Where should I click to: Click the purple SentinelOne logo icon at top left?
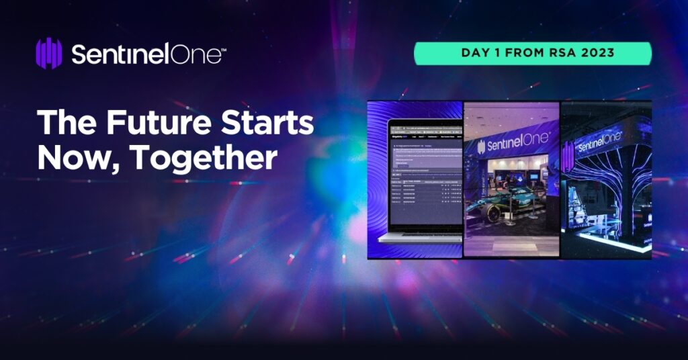48,54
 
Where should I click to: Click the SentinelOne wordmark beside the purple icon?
145,54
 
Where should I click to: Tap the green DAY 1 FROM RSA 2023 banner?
532,54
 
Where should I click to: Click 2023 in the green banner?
595,54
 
